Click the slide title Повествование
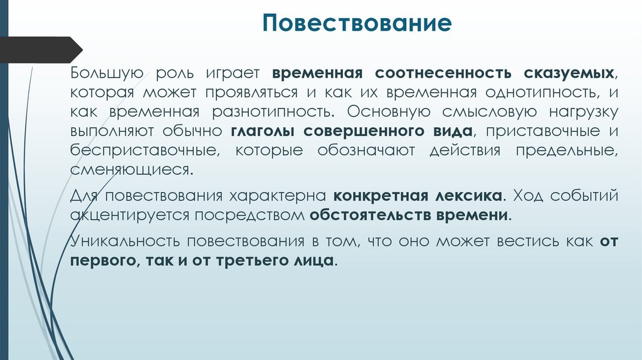click(357, 24)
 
